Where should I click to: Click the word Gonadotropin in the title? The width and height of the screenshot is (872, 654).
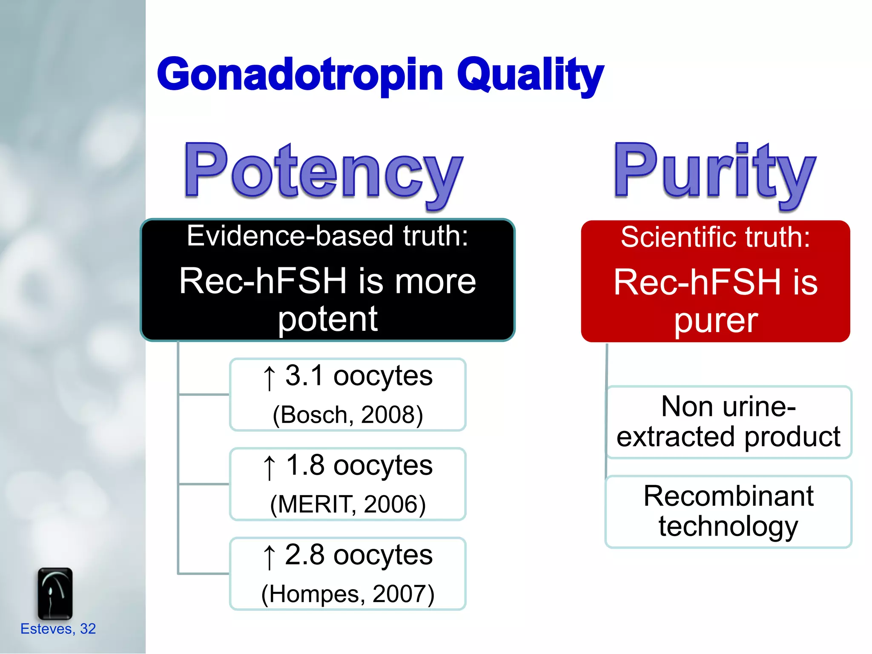(300, 75)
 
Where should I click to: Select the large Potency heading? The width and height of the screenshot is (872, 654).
(324, 172)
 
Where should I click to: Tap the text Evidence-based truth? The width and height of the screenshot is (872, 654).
(327, 236)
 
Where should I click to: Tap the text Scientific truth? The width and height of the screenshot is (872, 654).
(715, 237)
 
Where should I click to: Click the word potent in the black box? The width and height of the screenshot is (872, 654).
(327, 319)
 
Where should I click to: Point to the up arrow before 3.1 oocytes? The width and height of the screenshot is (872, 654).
(269, 377)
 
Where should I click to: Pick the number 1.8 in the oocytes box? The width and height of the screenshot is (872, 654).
(305, 465)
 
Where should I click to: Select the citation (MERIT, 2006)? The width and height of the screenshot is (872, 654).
(347, 504)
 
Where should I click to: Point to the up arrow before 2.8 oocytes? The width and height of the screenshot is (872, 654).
(269, 556)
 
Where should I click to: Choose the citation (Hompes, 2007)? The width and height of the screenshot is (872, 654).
(347, 594)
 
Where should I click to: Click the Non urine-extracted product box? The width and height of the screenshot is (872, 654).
(728, 422)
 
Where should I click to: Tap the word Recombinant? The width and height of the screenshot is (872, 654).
(728, 496)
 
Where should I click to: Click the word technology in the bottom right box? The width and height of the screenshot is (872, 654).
(728, 527)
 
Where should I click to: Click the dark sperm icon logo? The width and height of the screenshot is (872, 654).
(55, 594)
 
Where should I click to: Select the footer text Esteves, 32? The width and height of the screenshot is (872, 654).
(58, 629)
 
